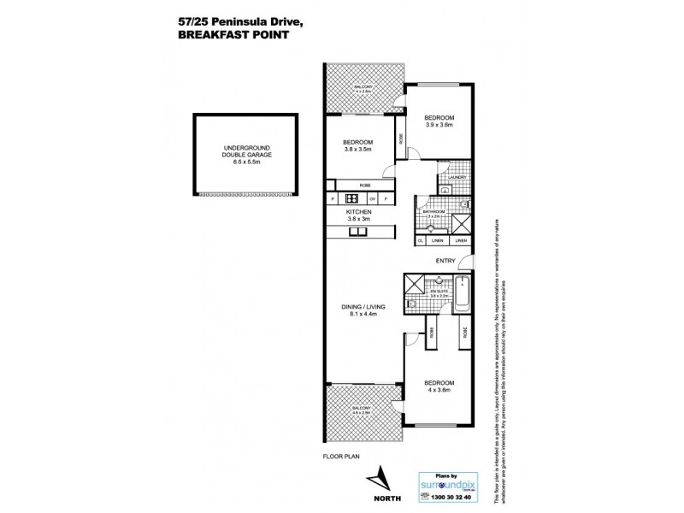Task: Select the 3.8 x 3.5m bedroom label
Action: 358,146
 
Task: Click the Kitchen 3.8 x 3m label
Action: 358,215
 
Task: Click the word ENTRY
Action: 445,261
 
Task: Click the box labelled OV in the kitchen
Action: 372,198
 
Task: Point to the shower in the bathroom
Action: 460,224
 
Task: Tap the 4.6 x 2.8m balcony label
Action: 362,411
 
